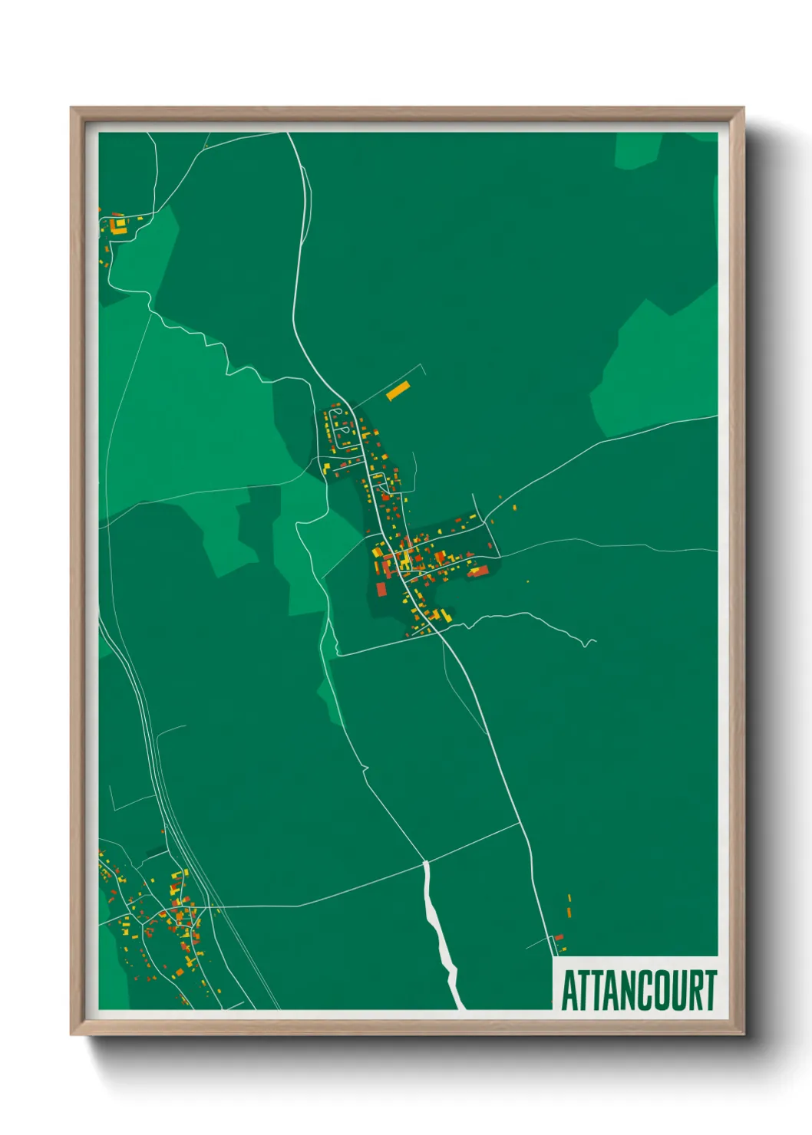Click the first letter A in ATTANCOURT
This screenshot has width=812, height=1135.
click(x=570, y=991)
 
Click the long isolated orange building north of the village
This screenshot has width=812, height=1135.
click(x=398, y=391)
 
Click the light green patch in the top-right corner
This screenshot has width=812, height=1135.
click(x=637, y=150)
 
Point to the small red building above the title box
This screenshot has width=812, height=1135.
click(x=559, y=937)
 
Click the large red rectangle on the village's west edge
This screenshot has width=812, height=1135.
click(x=381, y=589)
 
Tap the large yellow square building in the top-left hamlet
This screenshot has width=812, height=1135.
click(x=119, y=225)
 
